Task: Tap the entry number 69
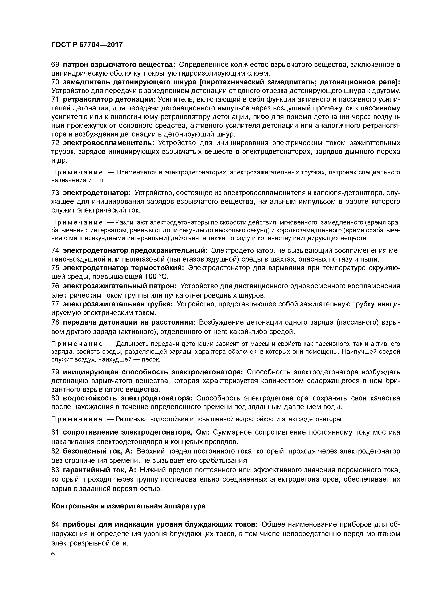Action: [55, 65]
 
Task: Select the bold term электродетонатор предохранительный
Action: [135, 251]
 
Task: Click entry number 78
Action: [55, 322]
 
